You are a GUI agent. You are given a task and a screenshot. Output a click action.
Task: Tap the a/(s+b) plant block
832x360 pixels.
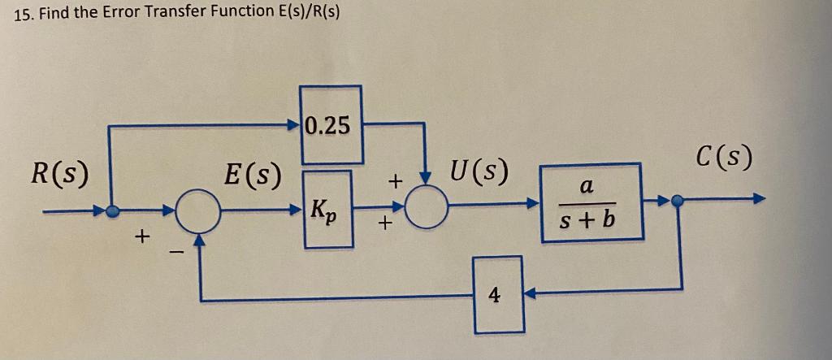[x=591, y=202]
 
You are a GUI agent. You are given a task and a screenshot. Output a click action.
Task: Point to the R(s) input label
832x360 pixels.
[x=60, y=173]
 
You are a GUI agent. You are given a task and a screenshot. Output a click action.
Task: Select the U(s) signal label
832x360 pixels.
[x=479, y=172]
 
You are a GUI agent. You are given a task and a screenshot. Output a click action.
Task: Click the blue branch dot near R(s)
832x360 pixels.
[x=113, y=210]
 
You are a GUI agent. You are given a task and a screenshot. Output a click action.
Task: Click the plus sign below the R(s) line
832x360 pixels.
[x=142, y=237]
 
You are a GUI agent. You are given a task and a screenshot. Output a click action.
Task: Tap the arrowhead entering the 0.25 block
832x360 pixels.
[x=294, y=125]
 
